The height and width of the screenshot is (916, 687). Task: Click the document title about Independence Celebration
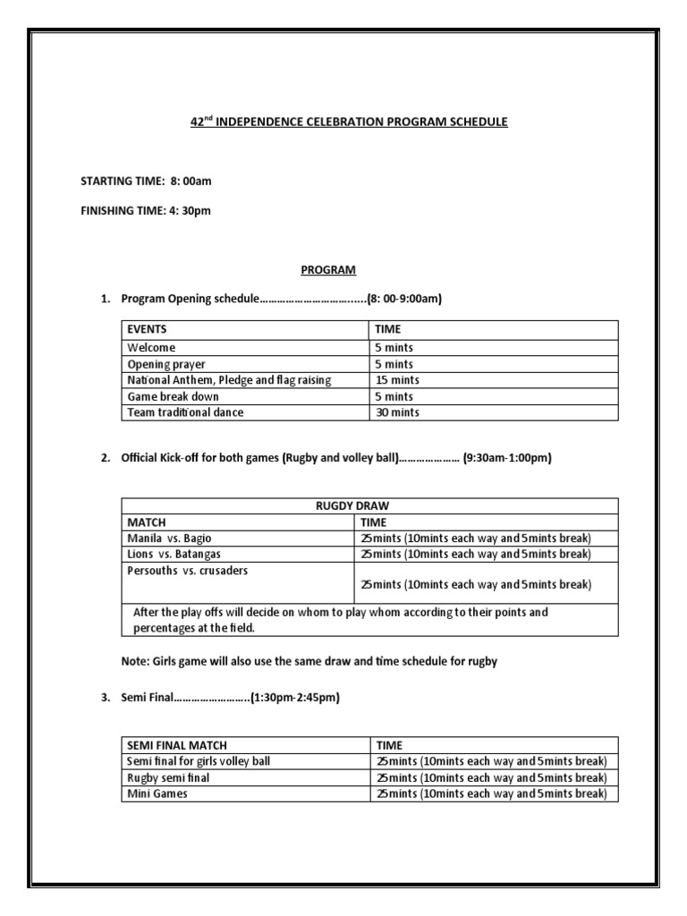tap(348, 122)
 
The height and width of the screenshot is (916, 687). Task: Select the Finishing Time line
tap(146, 211)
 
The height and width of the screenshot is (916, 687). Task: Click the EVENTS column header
tap(147, 329)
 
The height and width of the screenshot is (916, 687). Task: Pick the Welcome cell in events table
tap(151, 348)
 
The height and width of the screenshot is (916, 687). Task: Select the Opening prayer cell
tap(166, 364)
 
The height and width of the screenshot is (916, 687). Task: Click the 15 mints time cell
tap(397, 380)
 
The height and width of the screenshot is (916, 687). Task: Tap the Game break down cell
tap(173, 396)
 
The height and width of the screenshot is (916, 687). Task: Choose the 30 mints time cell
tap(397, 412)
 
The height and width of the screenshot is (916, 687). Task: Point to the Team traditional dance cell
tap(185, 412)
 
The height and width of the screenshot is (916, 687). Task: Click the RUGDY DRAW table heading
tap(369, 505)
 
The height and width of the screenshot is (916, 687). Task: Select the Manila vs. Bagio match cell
tap(170, 538)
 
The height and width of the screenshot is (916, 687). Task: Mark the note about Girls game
tap(309, 661)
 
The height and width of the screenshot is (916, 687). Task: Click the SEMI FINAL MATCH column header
tap(177, 745)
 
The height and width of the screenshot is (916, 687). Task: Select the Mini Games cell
tap(157, 793)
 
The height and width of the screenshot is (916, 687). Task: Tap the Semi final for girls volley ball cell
tap(199, 761)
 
